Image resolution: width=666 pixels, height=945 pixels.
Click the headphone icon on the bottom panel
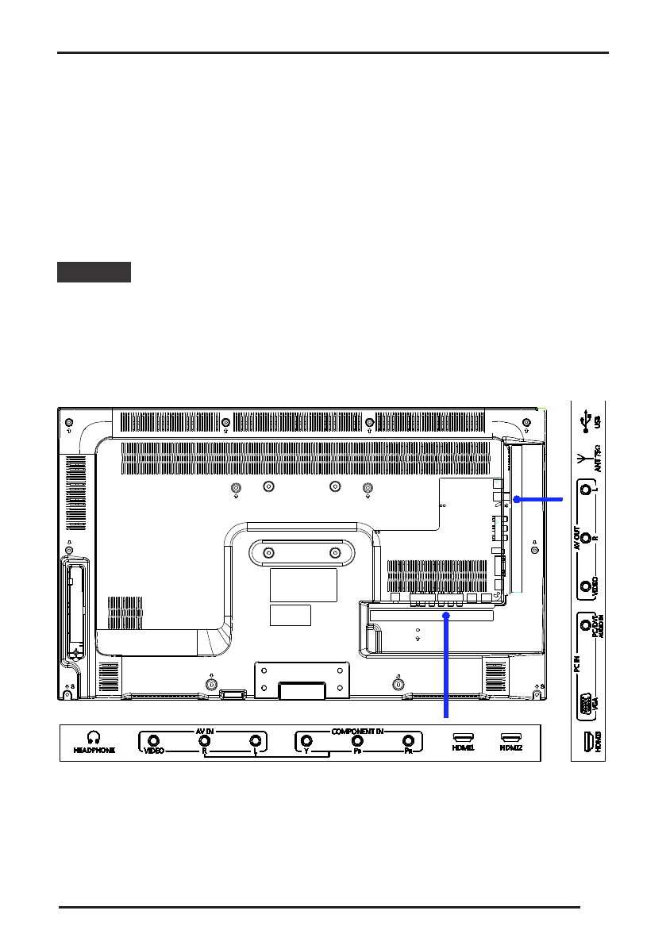click(x=94, y=738)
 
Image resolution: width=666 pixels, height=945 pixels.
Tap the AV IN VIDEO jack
click(x=154, y=741)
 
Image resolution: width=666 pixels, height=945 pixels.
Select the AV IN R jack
click(x=204, y=741)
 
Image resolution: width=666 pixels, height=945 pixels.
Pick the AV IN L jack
click(x=255, y=741)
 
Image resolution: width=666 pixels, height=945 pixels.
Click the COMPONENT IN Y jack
click(x=306, y=741)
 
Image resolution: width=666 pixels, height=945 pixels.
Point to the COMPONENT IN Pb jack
click(x=357, y=741)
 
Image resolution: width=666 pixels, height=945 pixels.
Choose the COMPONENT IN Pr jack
click(x=408, y=741)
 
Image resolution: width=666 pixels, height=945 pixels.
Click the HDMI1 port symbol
click(x=463, y=737)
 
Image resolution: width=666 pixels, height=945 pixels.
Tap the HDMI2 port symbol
click(x=510, y=737)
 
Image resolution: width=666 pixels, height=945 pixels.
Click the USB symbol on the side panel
click(x=586, y=417)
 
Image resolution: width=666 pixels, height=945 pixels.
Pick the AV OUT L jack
click(x=587, y=492)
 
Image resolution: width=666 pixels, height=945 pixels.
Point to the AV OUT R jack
click(x=587, y=538)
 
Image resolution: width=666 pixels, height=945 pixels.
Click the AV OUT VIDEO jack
click(x=587, y=586)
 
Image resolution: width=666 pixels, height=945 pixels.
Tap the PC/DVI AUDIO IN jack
click(x=587, y=626)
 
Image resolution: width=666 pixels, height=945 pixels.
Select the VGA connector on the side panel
click(x=587, y=703)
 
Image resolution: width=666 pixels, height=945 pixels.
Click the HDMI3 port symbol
click(x=587, y=742)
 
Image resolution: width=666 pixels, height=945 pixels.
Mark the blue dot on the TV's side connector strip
click(x=516, y=500)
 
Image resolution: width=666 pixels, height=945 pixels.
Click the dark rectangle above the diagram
click(x=94, y=272)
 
